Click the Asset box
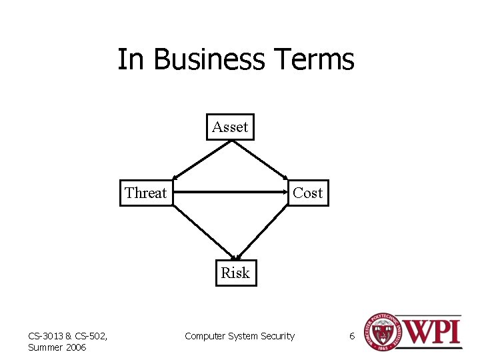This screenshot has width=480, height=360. pos(230,127)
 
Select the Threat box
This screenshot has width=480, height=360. pos(146,193)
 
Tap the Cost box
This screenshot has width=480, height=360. pos(308,193)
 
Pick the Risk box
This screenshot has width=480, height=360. pos(235,273)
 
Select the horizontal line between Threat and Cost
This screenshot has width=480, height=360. pos(230,193)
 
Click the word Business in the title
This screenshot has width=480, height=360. pos(209,59)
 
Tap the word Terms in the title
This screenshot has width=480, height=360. pos(313,59)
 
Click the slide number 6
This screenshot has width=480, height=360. pos(352,336)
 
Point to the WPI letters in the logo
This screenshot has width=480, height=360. pos(431,332)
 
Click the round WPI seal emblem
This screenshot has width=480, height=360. pos(381,331)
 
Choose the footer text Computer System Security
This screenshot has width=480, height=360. pos(239,336)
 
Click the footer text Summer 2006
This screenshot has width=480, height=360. pos(57,347)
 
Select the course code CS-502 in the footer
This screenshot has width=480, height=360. pos(83,335)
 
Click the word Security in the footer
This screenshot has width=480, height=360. pos(277,336)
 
